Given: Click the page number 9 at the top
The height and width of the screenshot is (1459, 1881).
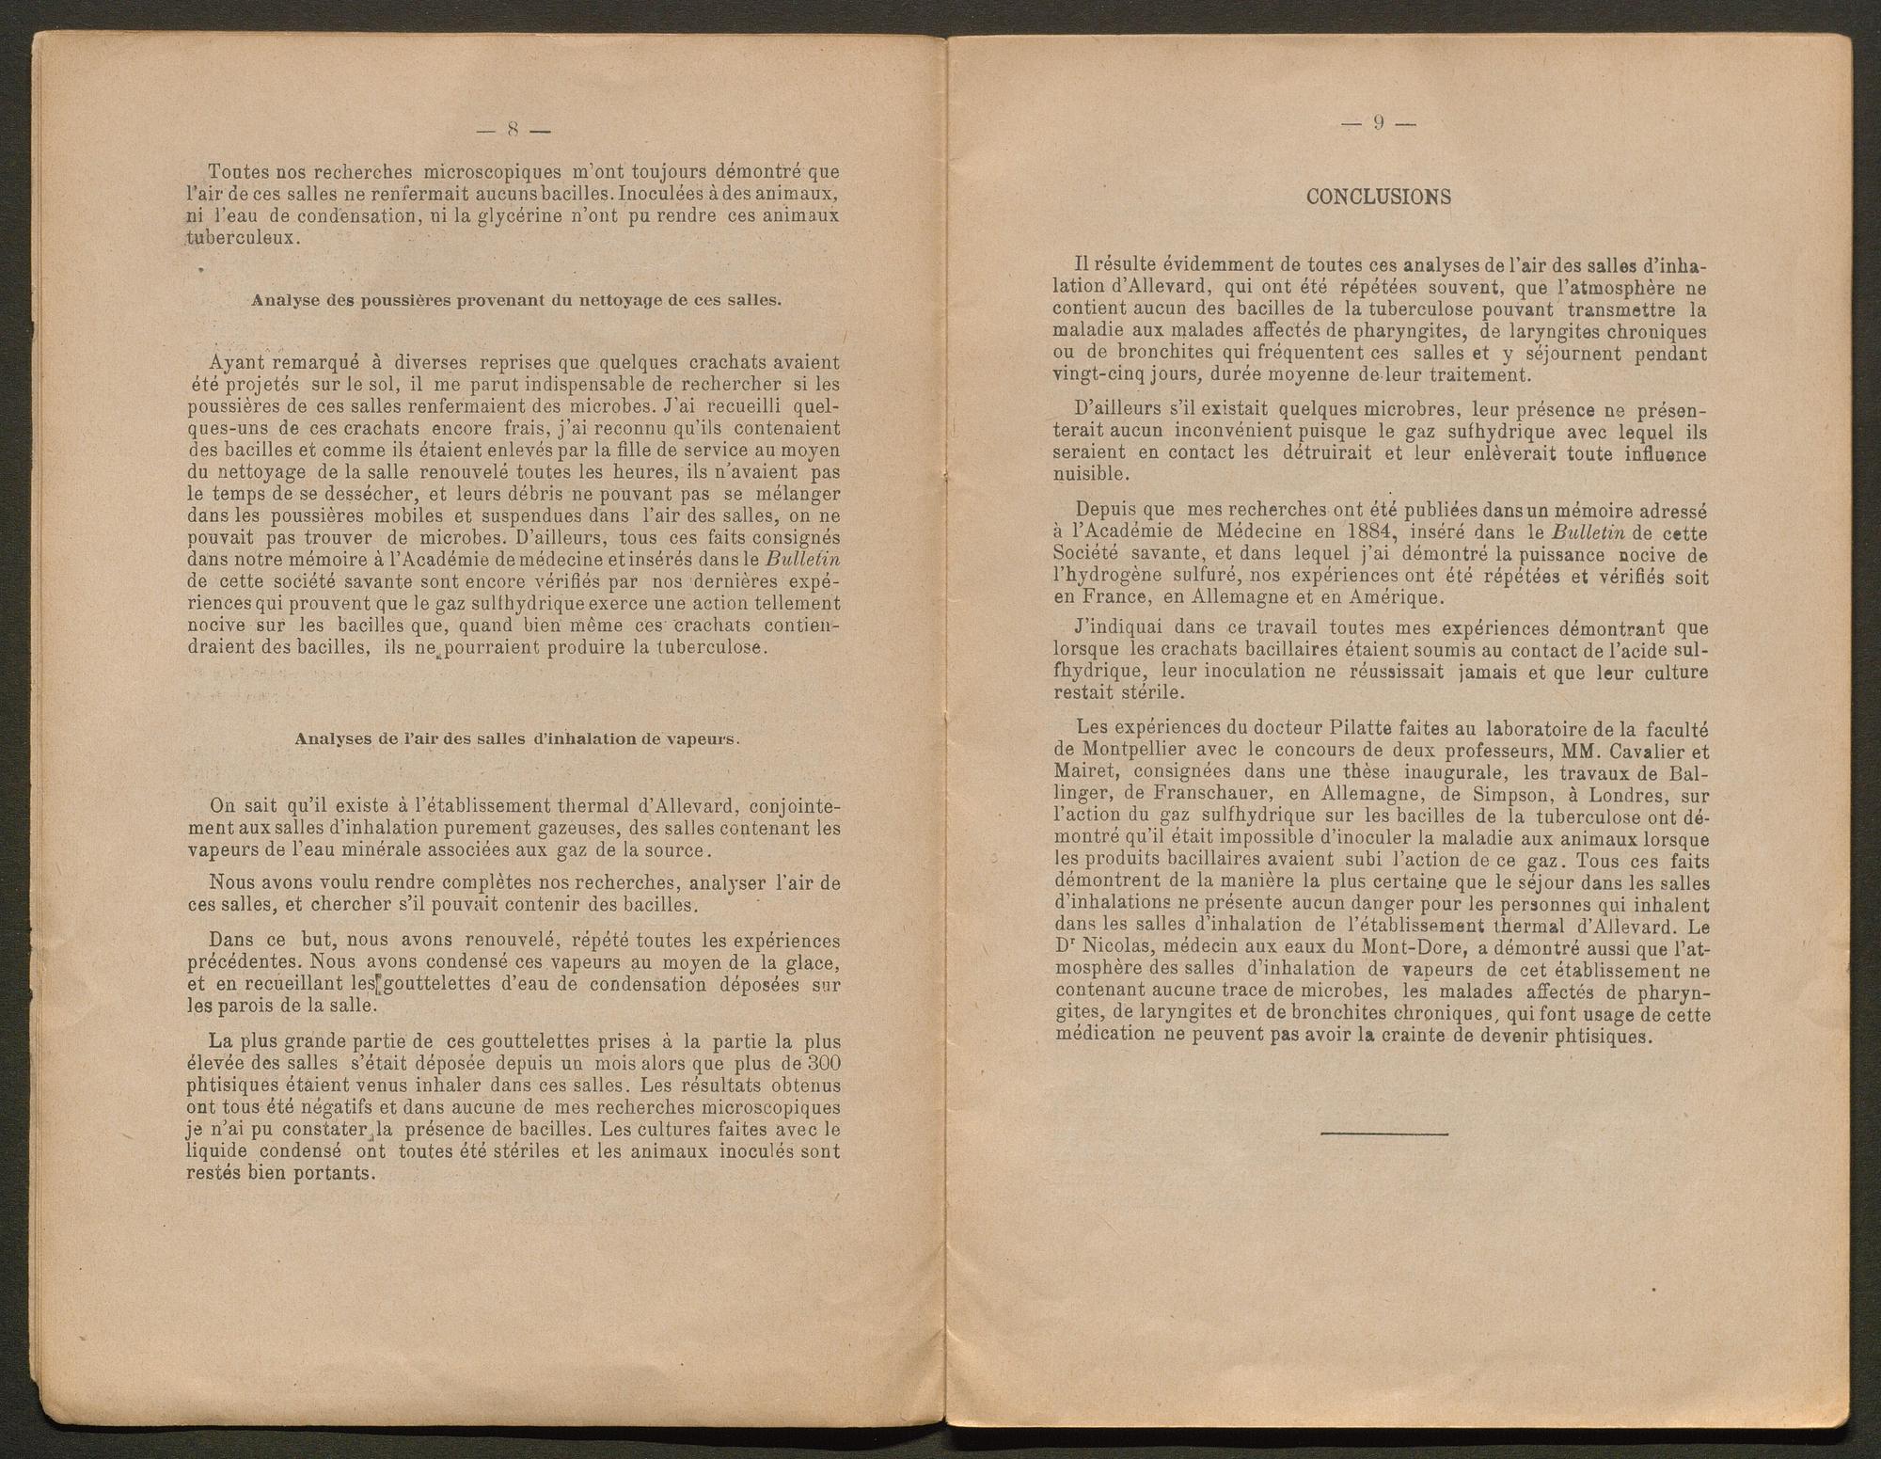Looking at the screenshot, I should click(x=1378, y=123).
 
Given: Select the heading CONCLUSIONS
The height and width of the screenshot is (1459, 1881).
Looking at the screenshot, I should click(x=1379, y=197).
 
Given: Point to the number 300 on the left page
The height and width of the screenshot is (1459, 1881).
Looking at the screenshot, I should click(x=824, y=1063).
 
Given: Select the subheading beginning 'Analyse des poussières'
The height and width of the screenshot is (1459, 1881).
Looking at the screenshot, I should click(x=514, y=301).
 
